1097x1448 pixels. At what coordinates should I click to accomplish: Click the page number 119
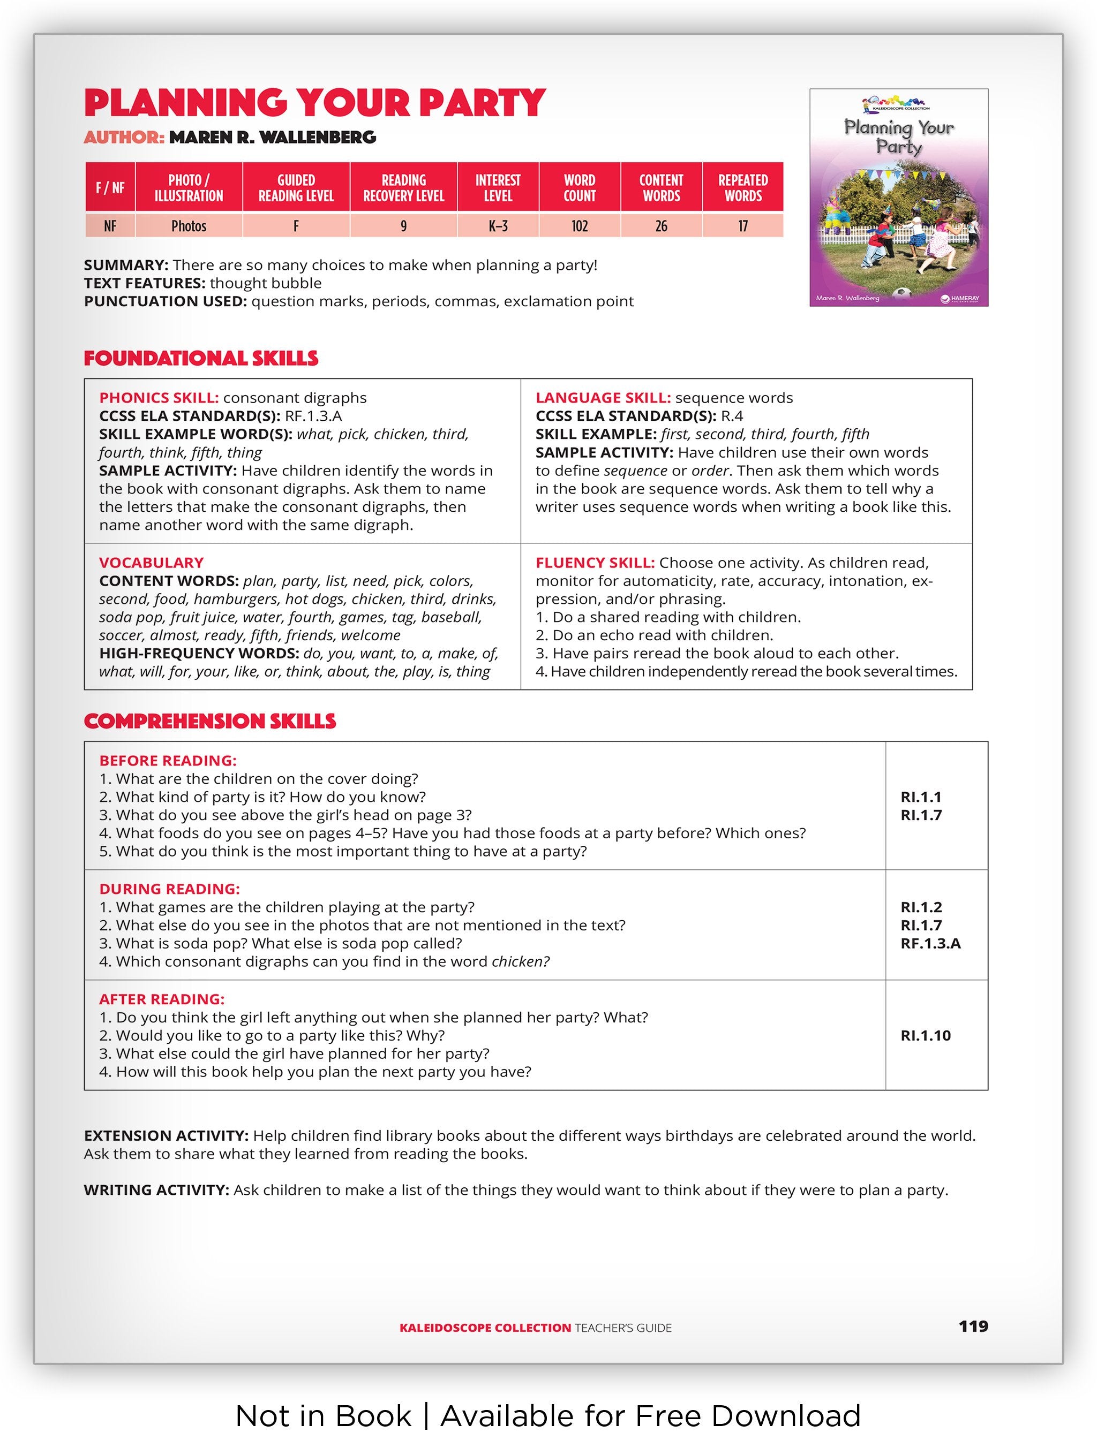pos(973,1326)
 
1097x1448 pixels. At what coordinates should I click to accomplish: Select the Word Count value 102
pos(580,226)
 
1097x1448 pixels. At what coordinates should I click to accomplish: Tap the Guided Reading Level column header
pos(296,188)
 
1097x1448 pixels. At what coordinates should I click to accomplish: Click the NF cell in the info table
pos(110,226)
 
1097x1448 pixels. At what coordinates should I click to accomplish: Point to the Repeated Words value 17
pos(743,226)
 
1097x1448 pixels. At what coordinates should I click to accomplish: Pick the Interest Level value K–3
pos(498,226)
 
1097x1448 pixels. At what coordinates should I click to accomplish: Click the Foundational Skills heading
pos(201,358)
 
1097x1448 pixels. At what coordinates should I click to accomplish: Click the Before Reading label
pos(168,761)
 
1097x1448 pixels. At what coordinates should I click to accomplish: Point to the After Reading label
pos(162,999)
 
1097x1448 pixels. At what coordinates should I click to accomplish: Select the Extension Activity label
pos(166,1136)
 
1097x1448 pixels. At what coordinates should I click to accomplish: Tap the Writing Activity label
pos(156,1190)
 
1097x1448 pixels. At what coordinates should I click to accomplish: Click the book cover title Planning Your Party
pos(899,136)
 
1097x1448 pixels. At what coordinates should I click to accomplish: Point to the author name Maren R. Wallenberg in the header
pos(273,138)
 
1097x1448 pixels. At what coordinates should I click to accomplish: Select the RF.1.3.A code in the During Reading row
pos(930,943)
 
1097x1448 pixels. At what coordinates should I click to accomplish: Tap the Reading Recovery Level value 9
pos(403,226)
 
